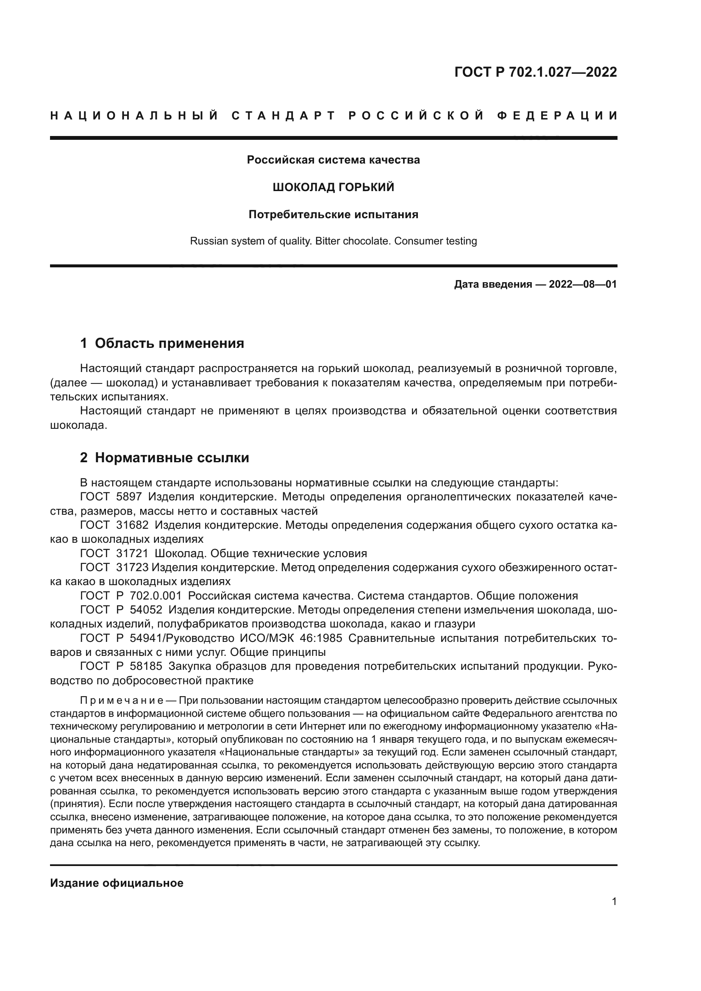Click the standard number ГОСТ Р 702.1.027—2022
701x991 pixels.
(535, 72)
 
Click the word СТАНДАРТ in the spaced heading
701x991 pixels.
(283, 116)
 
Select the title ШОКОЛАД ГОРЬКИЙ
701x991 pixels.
(333, 187)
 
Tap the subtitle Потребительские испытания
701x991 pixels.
(333, 214)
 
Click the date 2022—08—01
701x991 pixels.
(583, 284)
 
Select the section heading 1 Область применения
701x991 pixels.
(162, 344)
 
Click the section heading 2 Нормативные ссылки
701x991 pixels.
(164, 458)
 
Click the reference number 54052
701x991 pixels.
(146, 610)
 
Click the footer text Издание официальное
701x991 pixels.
(117, 883)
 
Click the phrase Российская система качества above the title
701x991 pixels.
(333, 160)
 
